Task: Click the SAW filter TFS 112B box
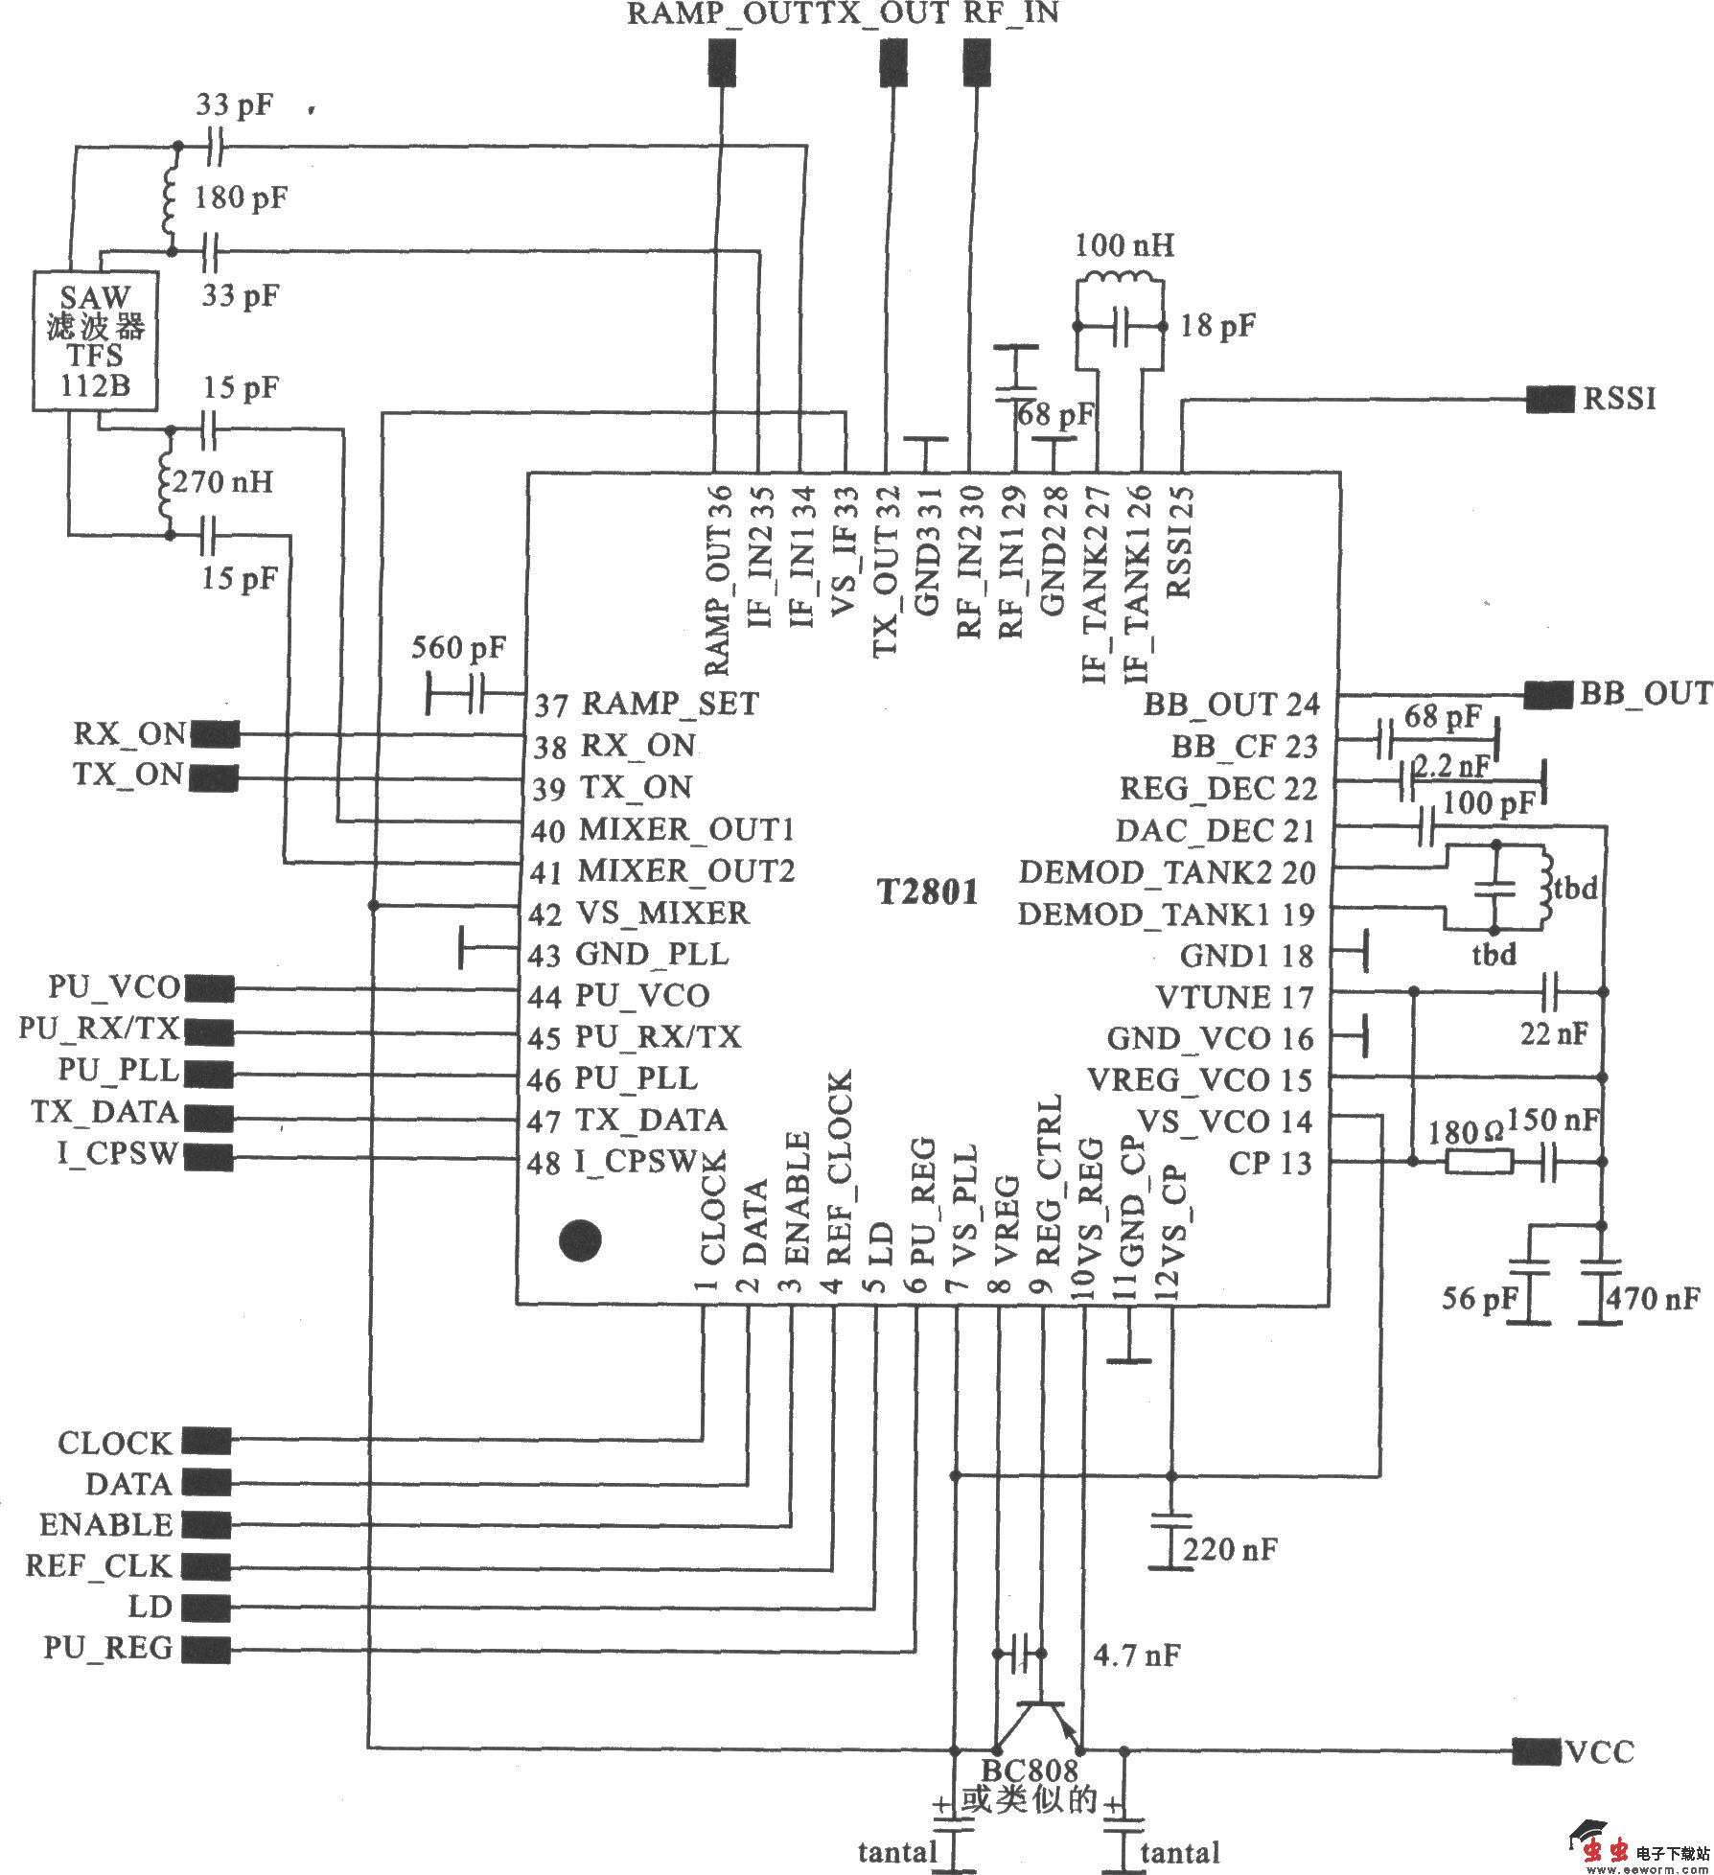tap(95, 341)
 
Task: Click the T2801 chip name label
tap(928, 892)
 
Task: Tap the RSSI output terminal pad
tap(1550, 399)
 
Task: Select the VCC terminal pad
tap(1535, 1751)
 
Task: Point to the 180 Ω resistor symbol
tap(1479, 1163)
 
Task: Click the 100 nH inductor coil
tap(1120, 281)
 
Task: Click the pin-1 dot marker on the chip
tap(580, 1239)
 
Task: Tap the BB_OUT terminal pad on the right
tap(1548, 694)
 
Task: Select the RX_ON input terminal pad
tap(215, 735)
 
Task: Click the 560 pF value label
tap(458, 649)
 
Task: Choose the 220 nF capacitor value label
tap(1230, 1550)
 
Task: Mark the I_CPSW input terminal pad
tap(208, 1157)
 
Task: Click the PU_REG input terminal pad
tap(206, 1649)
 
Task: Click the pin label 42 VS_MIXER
tap(638, 914)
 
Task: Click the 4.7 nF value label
tap(1137, 1655)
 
